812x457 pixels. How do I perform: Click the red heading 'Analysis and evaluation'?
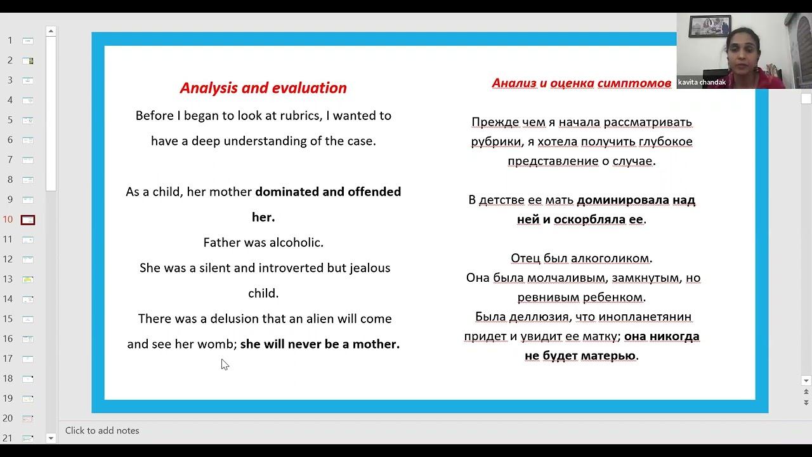[263, 88]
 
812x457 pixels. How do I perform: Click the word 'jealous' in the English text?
[370, 268]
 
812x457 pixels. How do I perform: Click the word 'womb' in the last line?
[216, 344]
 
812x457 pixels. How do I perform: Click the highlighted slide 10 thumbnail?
[28, 220]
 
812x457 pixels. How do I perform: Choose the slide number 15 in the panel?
[8, 319]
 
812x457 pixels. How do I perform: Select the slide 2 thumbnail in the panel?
[28, 60]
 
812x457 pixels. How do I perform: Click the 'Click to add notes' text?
[102, 430]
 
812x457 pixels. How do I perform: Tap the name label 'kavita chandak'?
[702, 83]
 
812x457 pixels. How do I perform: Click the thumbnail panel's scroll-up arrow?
[51, 31]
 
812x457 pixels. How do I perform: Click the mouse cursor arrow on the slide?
[224, 364]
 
